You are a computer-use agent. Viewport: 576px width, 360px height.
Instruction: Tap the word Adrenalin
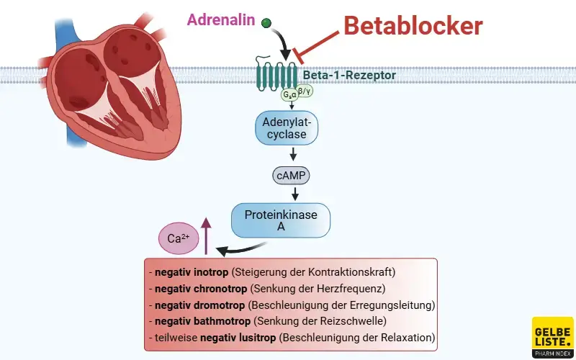[220, 20]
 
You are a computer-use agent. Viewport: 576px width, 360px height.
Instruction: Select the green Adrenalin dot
[266, 24]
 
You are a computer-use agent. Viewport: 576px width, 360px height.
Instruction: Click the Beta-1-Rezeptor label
[348, 74]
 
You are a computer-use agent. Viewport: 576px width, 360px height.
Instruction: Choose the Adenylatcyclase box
[286, 127]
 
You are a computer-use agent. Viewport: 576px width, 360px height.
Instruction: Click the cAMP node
[292, 174]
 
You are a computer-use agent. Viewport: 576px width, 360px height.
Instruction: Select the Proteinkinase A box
[281, 220]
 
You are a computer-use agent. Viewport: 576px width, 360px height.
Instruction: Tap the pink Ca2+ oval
[178, 238]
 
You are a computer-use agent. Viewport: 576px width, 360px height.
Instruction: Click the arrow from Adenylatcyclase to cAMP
[293, 153]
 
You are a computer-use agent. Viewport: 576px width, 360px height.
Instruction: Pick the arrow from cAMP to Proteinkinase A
[294, 194]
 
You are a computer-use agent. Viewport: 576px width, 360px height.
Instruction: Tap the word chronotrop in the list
[220, 289]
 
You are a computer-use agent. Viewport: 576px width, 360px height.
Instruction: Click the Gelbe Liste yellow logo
[552, 337]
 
